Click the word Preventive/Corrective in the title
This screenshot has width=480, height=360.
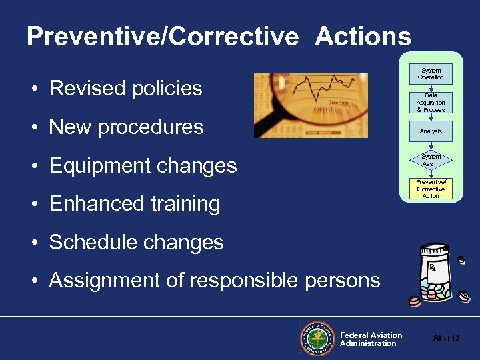[x=163, y=36]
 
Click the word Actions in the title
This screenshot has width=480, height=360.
[x=363, y=36]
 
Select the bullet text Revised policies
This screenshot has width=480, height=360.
[x=125, y=88]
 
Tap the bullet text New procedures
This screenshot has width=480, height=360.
[x=126, y=127]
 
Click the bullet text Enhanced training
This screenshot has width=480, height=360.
[x=134, y=203]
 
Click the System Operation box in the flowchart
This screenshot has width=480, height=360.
[x=431, y=74]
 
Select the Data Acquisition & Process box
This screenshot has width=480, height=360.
[x=431, y=103]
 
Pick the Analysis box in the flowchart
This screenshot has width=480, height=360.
[x=431, y=131]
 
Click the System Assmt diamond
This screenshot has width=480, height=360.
[x=431, y=160]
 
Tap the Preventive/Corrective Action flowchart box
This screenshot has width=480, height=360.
[x=431, y=189]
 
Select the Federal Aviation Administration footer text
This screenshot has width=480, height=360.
[x=371, y=339]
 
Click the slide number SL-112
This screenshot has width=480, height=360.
[x=446, y=339]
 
